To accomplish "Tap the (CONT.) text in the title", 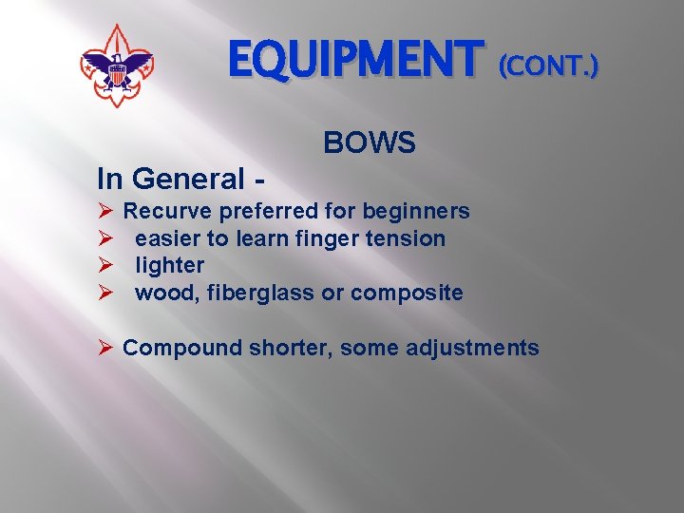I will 549,66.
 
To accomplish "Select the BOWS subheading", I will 370,143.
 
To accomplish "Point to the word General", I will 187,178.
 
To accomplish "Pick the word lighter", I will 169,265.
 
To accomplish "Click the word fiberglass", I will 257,293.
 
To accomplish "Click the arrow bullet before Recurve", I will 105,211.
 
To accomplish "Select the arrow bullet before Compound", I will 105,348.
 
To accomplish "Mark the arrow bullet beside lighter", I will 105,265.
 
